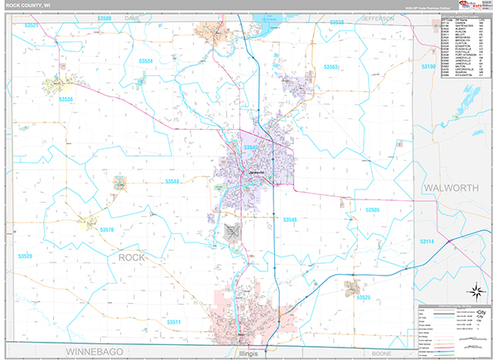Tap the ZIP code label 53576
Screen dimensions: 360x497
click(107, 228)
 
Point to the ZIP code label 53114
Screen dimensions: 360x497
click(427, 241)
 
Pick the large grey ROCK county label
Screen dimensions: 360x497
click(131, 258)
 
